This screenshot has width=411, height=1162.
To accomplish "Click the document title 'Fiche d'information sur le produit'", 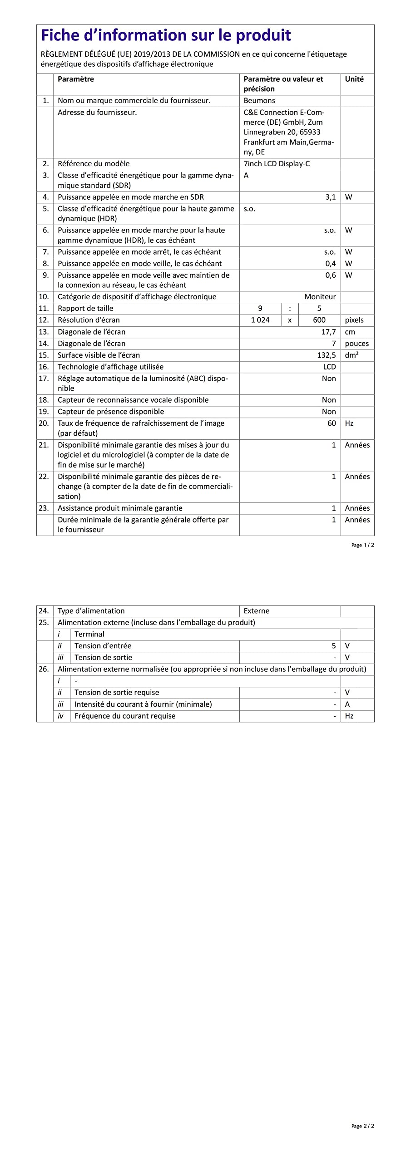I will (x=166, y=35).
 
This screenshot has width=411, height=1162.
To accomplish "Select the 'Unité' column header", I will (x=354, y=79).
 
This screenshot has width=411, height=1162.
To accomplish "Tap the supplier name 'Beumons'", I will (x=259, y=101).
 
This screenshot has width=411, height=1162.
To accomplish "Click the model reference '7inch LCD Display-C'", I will (x=277, y=164).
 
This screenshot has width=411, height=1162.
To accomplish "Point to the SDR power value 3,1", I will (x=331, y=197).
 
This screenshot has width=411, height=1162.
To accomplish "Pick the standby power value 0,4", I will (x=331, y=264).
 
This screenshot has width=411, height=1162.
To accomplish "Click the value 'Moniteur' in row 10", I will (x=320, y=297).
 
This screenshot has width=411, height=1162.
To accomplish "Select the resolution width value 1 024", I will (x=260, y=320).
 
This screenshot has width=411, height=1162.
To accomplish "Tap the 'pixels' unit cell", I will (x=354, y=320).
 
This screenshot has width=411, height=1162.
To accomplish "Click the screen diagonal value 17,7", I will (x=329, y=332).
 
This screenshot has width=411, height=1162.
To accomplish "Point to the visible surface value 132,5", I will (x=327, y=355).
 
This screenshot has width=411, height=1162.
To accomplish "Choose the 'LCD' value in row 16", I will (x=330, y=367).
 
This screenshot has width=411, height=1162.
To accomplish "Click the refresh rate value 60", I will (x=332, y=423).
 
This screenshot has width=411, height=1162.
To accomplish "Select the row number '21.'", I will (x=44, y=445).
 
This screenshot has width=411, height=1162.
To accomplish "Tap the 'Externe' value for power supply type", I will (x=257, y=611).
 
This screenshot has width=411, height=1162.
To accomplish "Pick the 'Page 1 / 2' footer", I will (x=363, y=545).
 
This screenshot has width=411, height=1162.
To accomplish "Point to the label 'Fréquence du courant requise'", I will (x=125, y=716).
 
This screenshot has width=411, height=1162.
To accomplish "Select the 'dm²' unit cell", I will (x=352, y=355).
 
